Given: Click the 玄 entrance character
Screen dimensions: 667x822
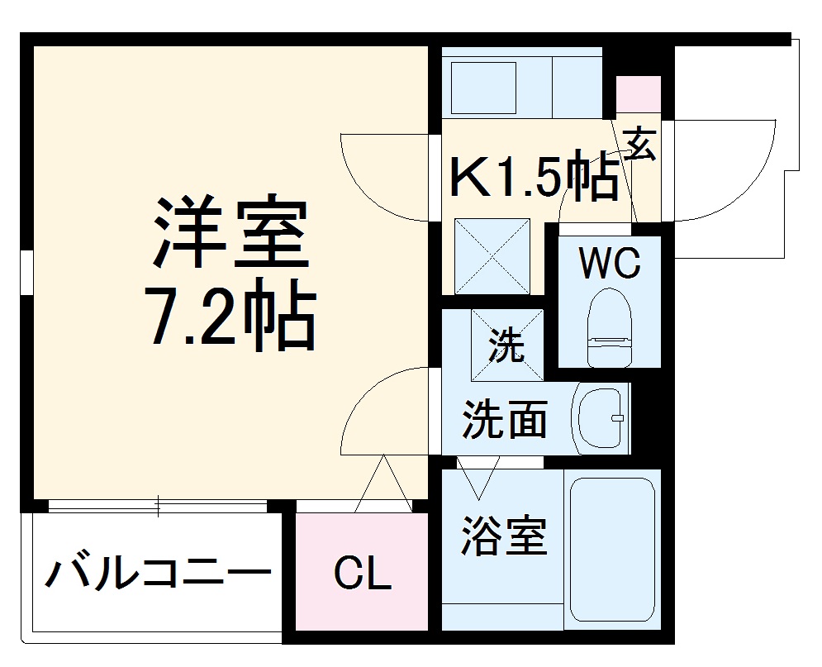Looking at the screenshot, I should click(x=640, y=145).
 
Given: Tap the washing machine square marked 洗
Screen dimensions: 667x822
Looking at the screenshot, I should click(x=506, y=345).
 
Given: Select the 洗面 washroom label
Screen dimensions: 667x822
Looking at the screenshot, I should click(x=504, y=418).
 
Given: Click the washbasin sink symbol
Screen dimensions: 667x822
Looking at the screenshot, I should click(x=601, y=417).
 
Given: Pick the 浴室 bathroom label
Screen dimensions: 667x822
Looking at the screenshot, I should click(x=504, y=536).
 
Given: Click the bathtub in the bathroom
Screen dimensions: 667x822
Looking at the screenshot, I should click(x=612, y=550).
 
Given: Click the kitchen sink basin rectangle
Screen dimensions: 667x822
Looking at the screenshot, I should click(x=482, y=87).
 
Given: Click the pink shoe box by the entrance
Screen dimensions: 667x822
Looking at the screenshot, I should click(x=639, y=93).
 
